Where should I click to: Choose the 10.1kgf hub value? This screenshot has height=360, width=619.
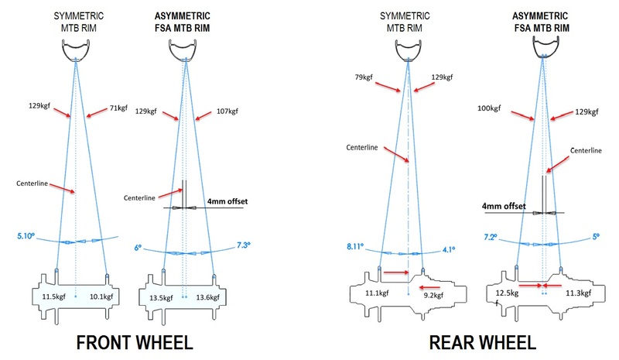[99, 296]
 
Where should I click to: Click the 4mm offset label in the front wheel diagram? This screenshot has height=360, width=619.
[227, 201]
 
